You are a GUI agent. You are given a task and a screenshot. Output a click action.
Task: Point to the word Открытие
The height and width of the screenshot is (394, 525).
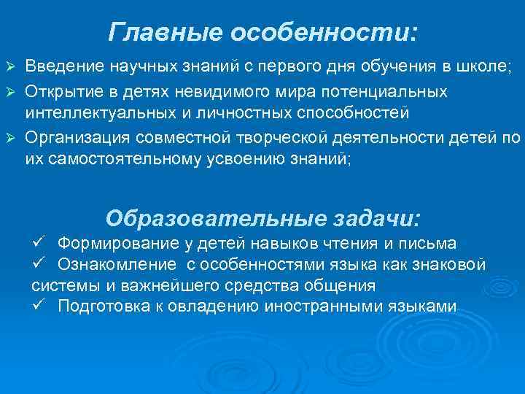click(x=63, y=93)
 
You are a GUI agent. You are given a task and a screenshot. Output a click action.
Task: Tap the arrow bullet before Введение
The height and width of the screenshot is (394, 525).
click(x=10, y=68)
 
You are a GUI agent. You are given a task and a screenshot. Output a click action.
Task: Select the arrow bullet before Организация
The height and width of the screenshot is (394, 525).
click(x=10, y=138)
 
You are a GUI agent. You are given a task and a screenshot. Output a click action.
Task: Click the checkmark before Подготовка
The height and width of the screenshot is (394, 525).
click(x=40, y=304)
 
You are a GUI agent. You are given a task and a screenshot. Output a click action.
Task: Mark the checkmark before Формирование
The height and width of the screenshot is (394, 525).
click(x=40, y=242)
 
